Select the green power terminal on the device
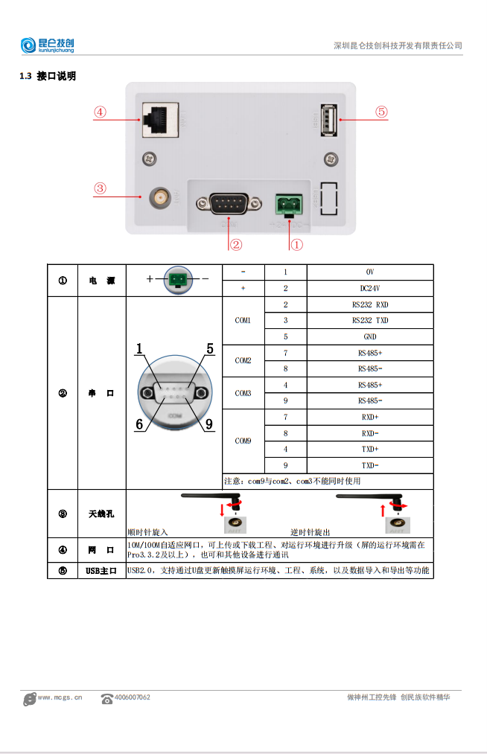pyautogui.click(x=287, y=202)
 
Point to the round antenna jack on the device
pyautogui.click(x=159, y=197)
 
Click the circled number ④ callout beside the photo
pyautogui.click(x=100, y=112)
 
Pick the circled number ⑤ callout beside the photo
pyautogui.click(x=381, y=112)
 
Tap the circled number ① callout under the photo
pyautogui.click(x=296, y=243)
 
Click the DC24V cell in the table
pyautogui.click(x=369, y=288)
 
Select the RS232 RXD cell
pyautogui.click(x=369, y=304)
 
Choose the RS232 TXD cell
pyautogui.click(x=369, y=321)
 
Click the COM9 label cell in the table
pyautogui.click(x=243, y=441)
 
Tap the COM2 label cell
pyautogui.click(x=243, y=360)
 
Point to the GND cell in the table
pyautogui.click(x=369, y=336)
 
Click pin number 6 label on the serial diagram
pyautogui.click(x=139, y=424)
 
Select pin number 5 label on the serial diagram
pyautogui.click(x=210, y=348)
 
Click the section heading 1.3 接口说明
pyautogui.click(x=48, y=76)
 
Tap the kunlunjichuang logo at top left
pyautogui.click(x=48, y=45)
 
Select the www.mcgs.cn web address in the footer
pyautogui.click(x=60, y=697)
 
